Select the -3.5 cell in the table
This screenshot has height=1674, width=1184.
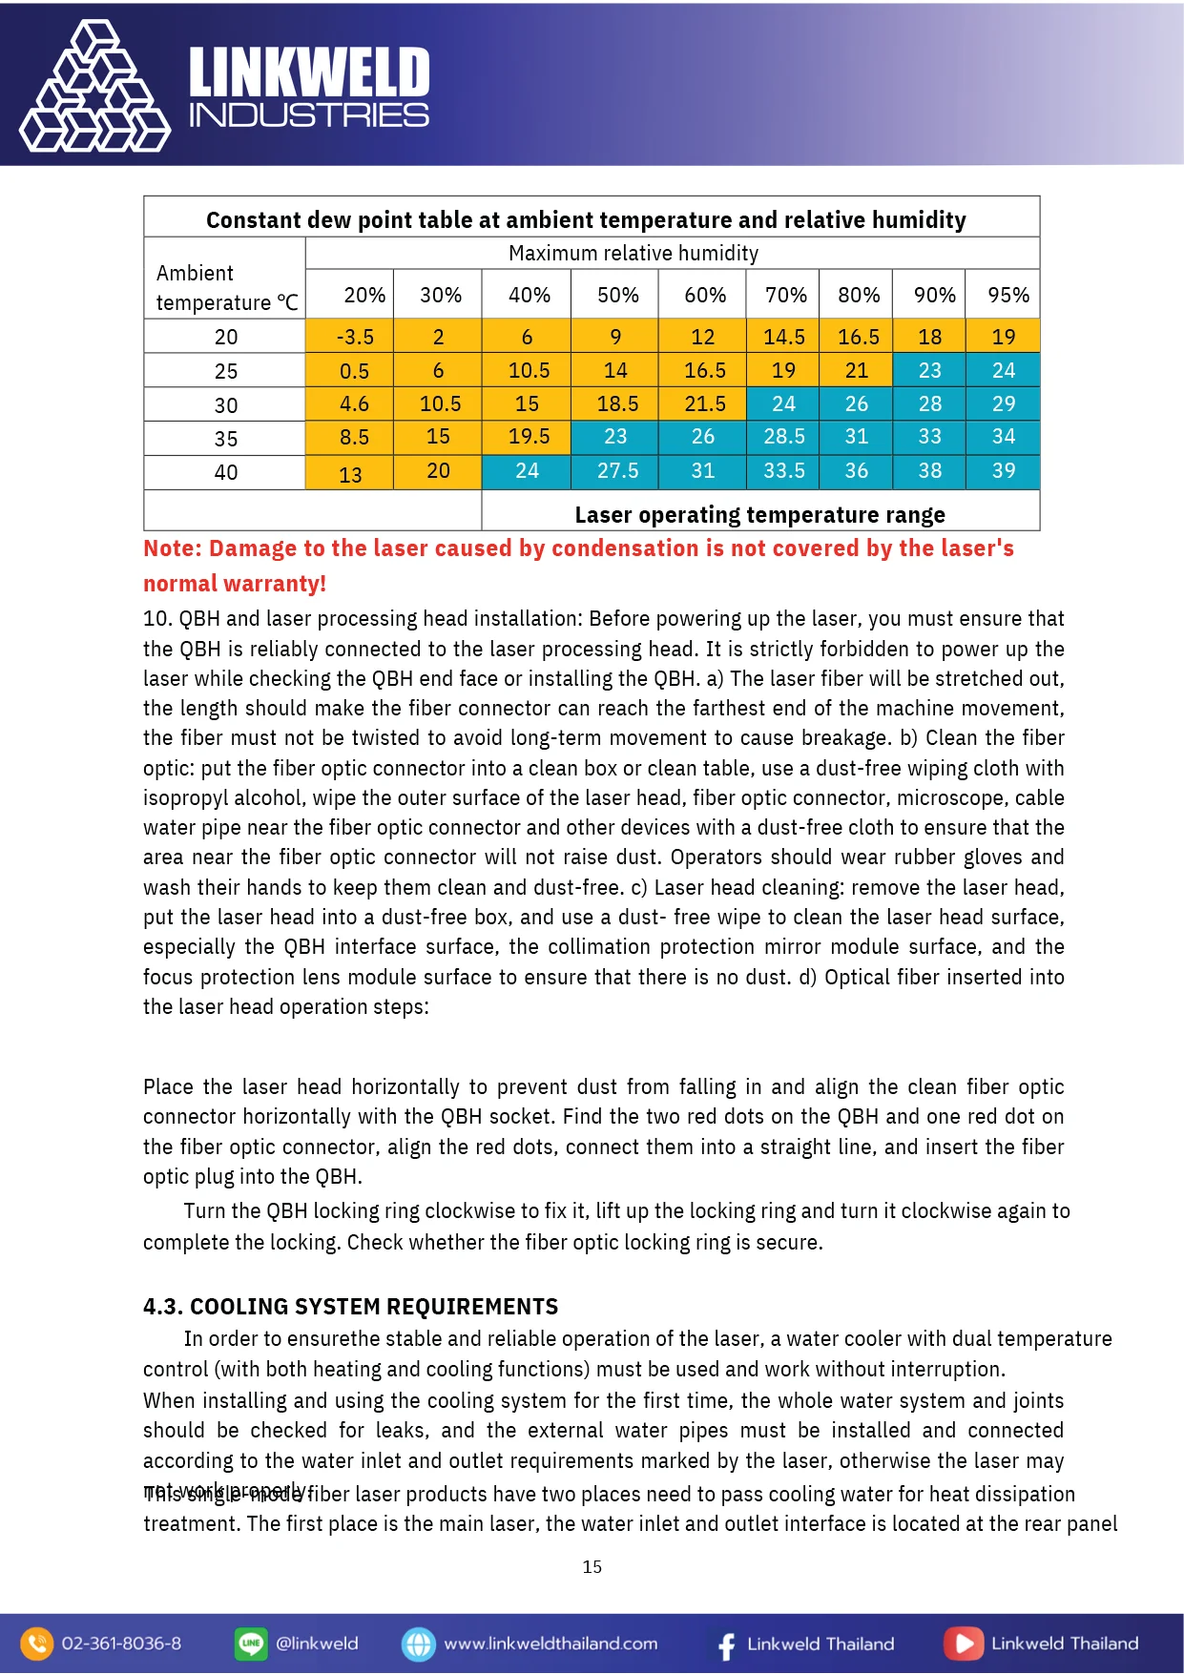point(355,337)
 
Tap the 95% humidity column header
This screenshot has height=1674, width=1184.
point(1007,296)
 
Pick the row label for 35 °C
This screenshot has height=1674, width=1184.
point(226,439)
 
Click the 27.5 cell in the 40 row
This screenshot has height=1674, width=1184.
point(617,471)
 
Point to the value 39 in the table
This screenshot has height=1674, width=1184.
point(1003,471)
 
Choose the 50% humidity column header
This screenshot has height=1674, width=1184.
point(617,296)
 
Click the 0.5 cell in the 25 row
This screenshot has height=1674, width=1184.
point(354,371)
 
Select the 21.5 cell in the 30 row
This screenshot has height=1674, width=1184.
point(704,404)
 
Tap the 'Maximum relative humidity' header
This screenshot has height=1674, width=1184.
point(634,254)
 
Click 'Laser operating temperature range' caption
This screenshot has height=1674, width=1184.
point(759,515)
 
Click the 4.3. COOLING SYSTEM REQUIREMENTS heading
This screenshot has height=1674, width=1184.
point(350,1307)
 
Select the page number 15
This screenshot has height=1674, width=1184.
point(592,1567)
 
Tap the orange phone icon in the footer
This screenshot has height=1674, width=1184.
point(36,1643)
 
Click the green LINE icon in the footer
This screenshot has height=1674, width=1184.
point(250,1643)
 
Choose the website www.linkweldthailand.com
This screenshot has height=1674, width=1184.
point(550,1643)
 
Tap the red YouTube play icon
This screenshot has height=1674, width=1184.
point(963,1643)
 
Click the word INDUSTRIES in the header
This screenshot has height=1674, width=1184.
point(309,116)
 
